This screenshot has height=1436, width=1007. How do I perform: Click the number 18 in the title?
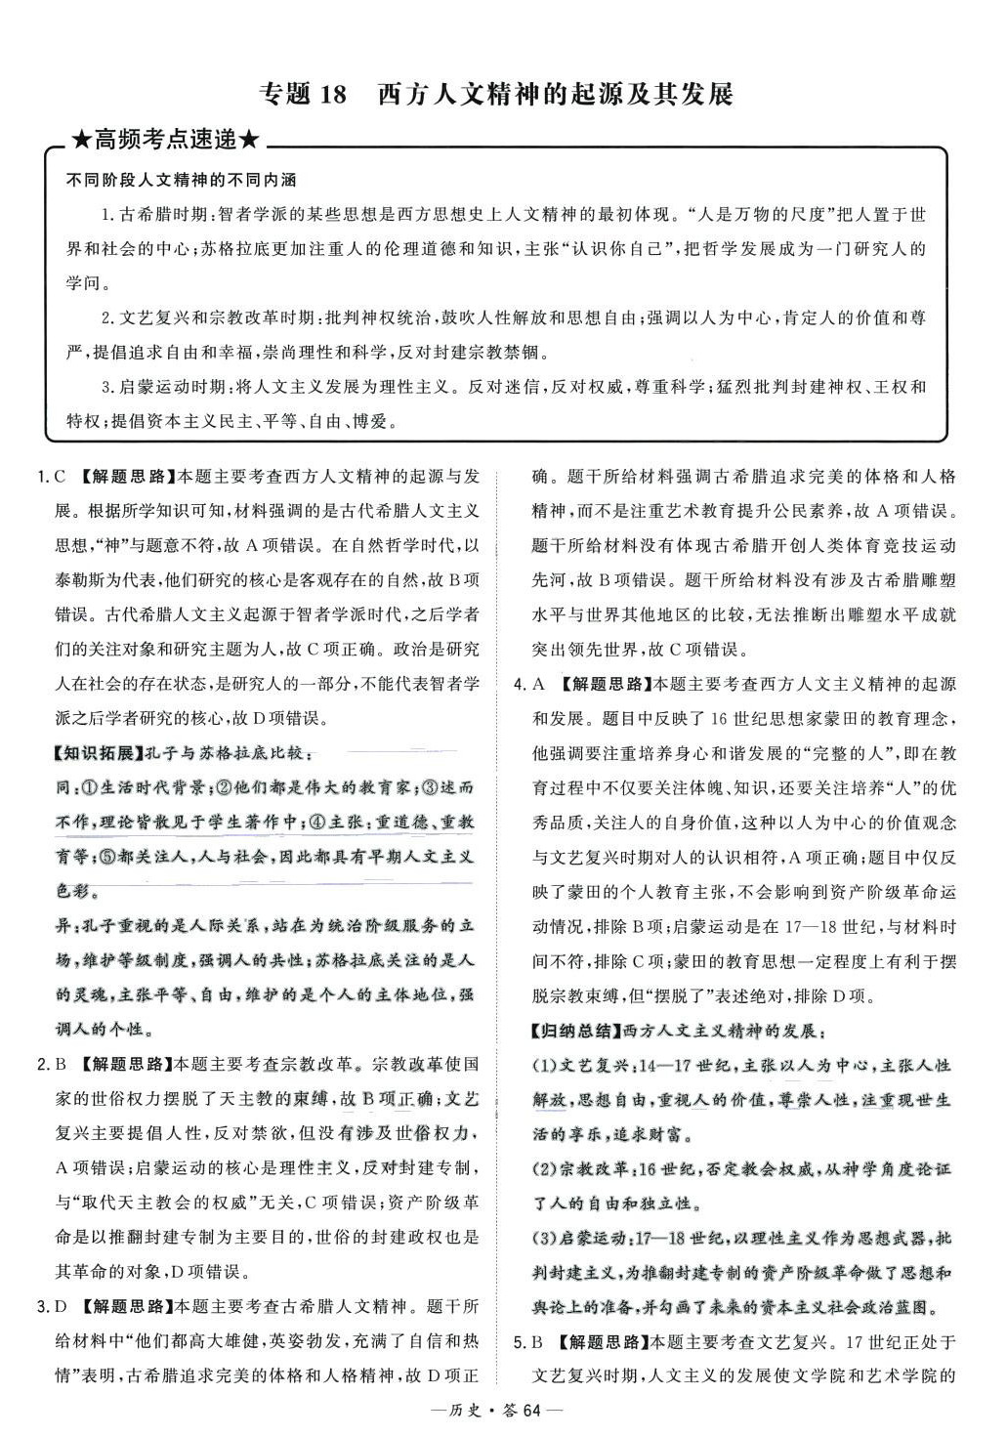pos(333,95)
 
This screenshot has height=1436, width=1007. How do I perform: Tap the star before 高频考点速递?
pos(82,141)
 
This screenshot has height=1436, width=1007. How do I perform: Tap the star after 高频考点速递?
pos(249,141)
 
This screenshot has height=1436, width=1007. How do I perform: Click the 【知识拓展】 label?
pos(98,753)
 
